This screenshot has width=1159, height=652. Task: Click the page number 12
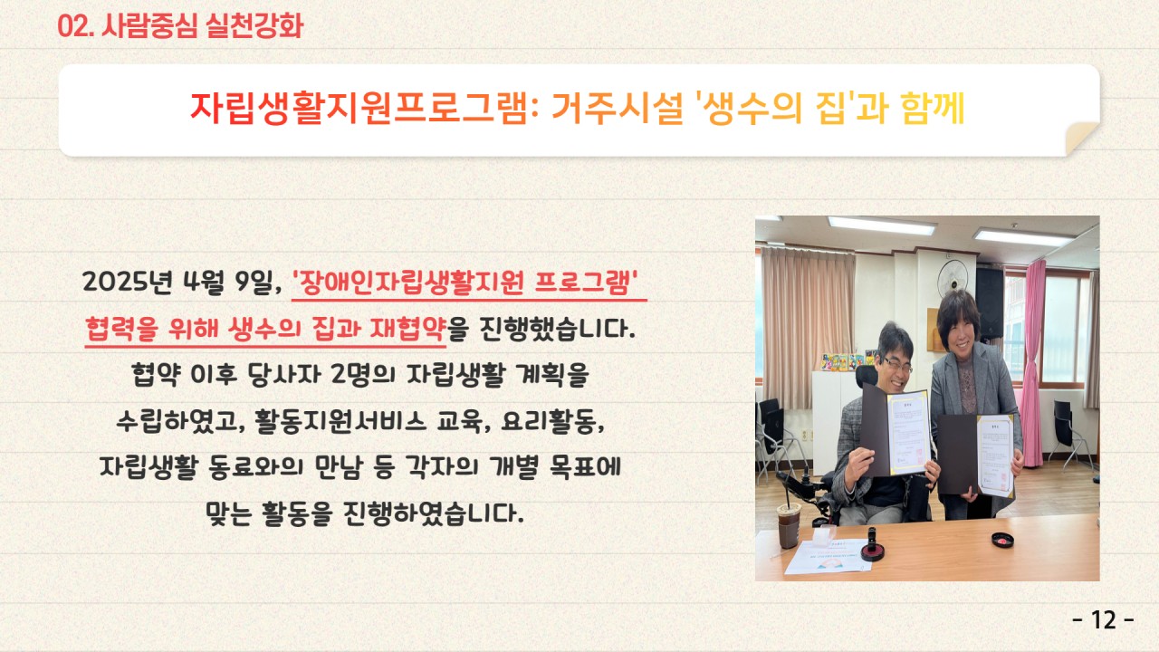(x=1103, y=620)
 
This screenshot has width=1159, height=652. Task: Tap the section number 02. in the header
(x=75, y=26)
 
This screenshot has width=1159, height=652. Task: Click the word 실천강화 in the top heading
(x=254, y=26)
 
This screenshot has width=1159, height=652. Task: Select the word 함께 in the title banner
(x=933, y=108)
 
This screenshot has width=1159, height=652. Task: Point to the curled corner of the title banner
(x=1081, y=137)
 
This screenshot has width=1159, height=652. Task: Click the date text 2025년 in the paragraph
(x=127, y=282)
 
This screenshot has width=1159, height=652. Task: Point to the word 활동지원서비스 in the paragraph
(x=340, y=421)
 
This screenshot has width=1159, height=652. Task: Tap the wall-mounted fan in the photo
(x=952, y=278)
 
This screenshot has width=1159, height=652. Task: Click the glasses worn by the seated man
(x=897, y=365)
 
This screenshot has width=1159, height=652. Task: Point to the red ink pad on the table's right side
(x=1002, y=540)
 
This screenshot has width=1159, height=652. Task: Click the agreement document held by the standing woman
(x=994, y=455)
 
